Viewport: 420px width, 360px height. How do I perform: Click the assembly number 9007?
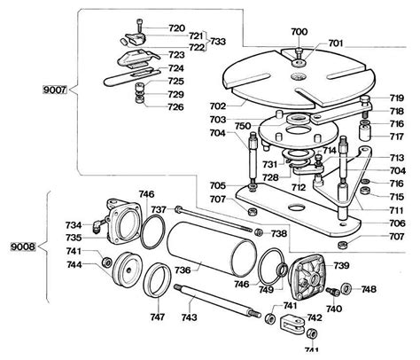pyautogui.click(x=55, y=90)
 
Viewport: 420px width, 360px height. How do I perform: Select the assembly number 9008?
pyautogui.click(x=23, y=246)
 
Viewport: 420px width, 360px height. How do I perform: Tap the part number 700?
pyautogui.click(x=299, y=31)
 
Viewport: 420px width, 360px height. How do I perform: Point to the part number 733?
pyautogui.click(x=218, y=42)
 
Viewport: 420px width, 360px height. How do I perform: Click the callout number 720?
pyautogui.click(x=177, y=28)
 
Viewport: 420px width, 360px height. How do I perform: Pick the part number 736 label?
pyautogui.click(x=183, y=270)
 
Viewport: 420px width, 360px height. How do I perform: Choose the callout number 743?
pyautogui.click(x=189, y=317)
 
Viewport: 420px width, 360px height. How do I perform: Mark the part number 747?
pyautogui.click(x=157, y=317)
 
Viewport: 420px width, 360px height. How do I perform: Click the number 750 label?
pyautogui.click(x=243, y=126)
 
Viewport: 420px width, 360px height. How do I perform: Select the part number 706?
pyautogui.click(x=397, y=223)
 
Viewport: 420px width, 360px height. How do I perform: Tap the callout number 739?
pyautogui.click(x=341, y=265)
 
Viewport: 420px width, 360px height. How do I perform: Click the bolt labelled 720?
pyautogui.click(x=139, y=26)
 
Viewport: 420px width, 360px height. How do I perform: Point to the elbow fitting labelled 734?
pyautogui.click(x=98, y=225)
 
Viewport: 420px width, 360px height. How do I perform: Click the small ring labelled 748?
pyautogui.click(x=346, y=288)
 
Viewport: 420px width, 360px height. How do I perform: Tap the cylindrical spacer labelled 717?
pyautogui.click(x=365, y=132)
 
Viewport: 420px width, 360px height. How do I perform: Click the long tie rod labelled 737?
pyautogui.click(x=214, y=219)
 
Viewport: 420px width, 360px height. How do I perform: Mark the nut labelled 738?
pyautogui.click(x=260, y=232)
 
